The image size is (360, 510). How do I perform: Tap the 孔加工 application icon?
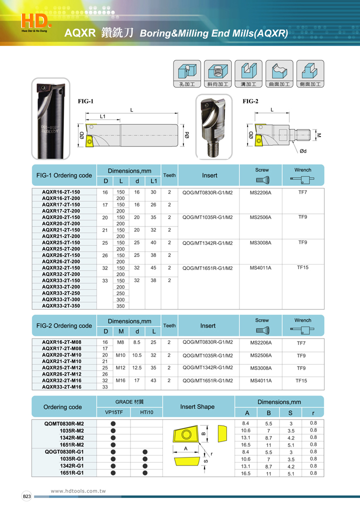pos(187,74)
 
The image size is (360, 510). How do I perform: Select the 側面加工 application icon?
pos(310,74)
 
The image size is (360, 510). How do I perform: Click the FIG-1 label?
pos(85,101)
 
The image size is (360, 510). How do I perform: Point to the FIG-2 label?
pos(250,101)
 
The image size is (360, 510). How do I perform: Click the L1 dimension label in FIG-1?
pos(103,116)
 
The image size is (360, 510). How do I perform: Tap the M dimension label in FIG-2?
pos(318,135)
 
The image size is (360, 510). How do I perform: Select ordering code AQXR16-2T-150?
pos(61,192)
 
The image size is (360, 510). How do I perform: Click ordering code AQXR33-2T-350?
pos(61,305)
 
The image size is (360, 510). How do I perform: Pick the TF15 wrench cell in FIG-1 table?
pos(302,267)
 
